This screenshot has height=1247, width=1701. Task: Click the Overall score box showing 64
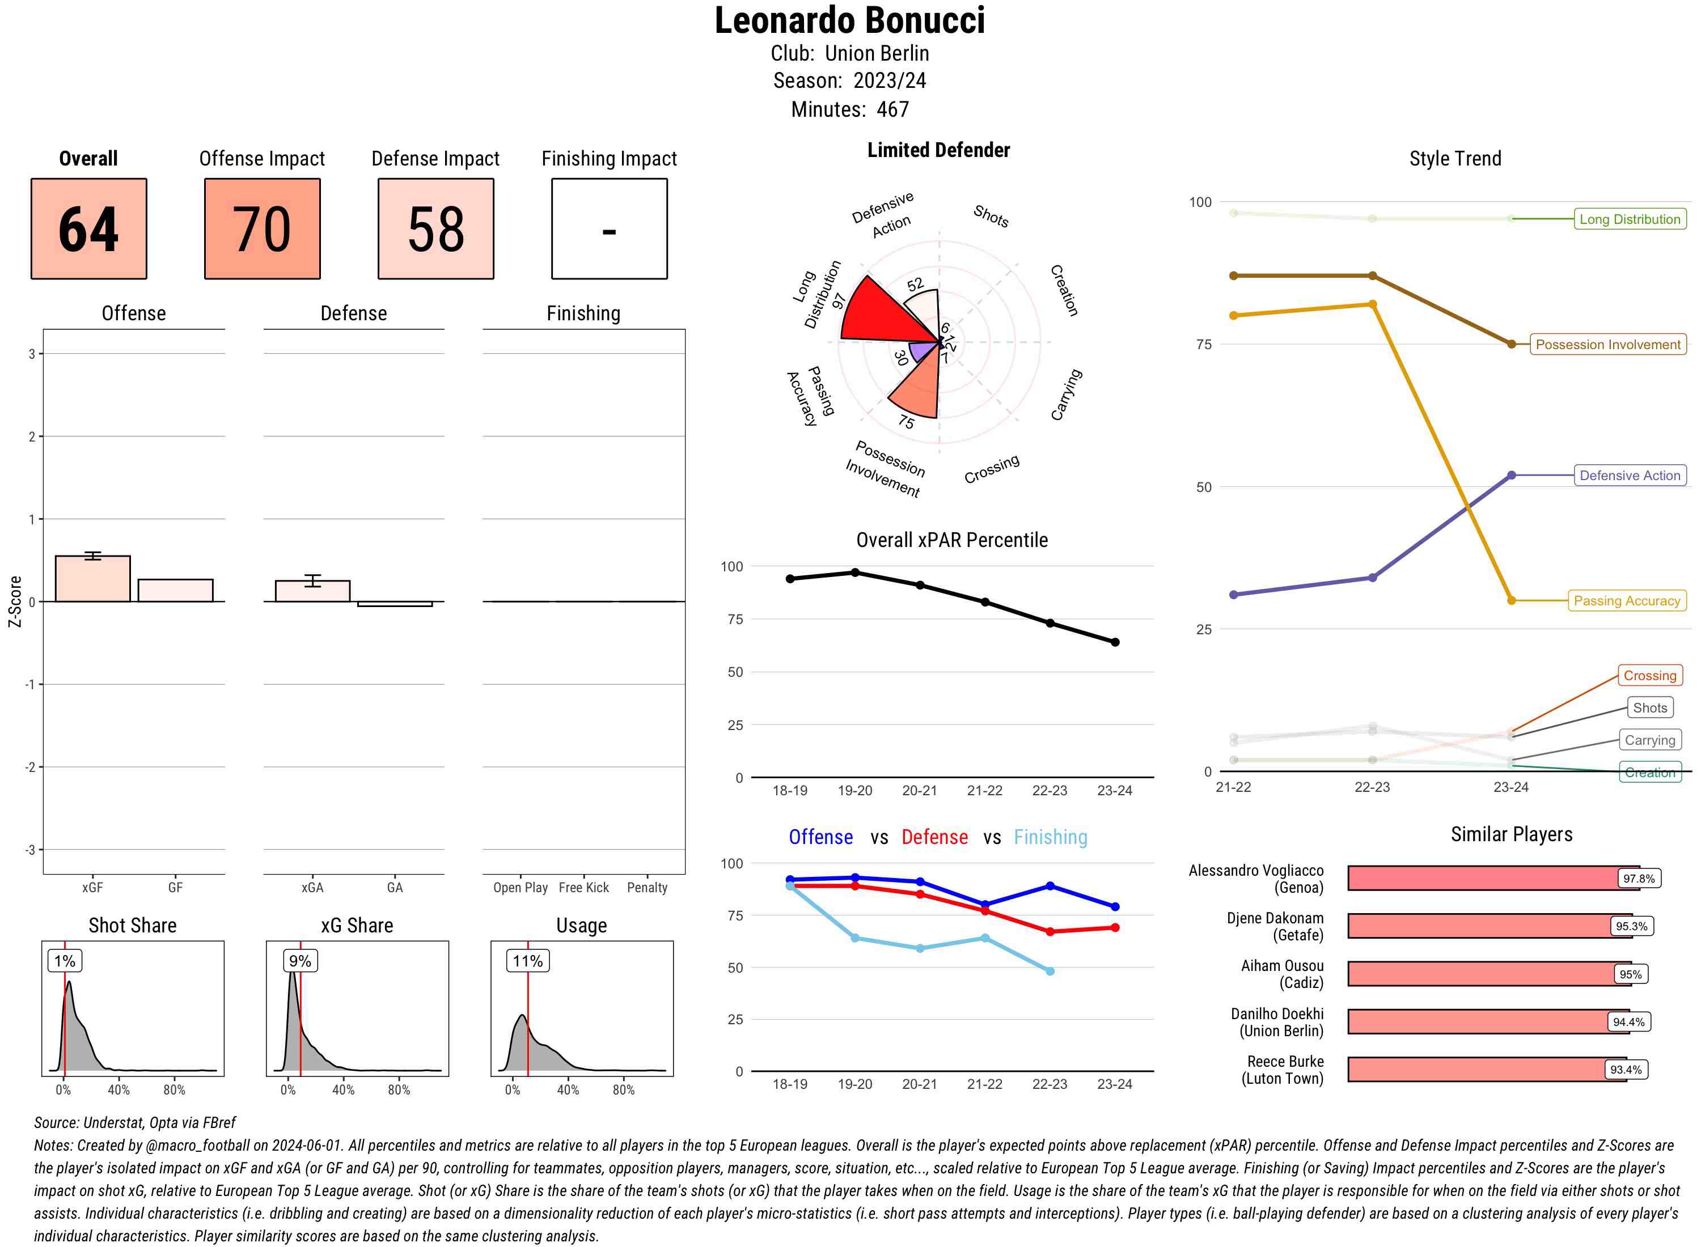point(88,229)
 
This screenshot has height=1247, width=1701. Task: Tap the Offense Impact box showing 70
point(262,229)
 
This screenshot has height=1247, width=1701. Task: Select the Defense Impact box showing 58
point(435,229)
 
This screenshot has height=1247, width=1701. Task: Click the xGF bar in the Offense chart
point(93,579)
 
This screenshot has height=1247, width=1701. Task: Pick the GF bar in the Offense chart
point(175,590)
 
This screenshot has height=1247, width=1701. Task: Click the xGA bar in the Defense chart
point(312,591)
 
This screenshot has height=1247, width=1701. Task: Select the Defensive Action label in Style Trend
point(1630,476)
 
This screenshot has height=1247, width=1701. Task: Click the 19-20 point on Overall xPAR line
point(854,573)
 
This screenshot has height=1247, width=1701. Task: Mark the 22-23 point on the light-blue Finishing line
point(1050,972)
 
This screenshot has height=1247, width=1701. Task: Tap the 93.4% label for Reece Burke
point(1626,1070)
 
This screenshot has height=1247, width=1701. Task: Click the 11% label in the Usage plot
point(528,961)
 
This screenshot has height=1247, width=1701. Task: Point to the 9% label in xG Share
point(300,961)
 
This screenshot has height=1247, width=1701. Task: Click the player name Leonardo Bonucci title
point(849,20)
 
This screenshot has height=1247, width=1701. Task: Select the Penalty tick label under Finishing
point(647,888)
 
